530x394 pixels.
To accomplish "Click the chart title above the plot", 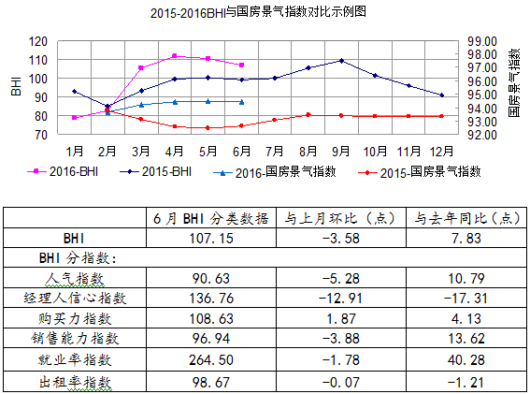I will coord(257,12).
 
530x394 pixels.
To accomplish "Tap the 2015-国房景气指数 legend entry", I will coord(429,171).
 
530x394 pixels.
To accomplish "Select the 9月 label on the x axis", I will coord(341,150).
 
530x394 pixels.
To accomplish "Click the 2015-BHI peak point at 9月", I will coord(342,61).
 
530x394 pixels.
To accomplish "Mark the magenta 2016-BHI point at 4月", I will coord(174,56).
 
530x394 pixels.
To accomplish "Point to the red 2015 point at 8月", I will coord(308,114).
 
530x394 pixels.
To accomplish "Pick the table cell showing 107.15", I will coord(208,238).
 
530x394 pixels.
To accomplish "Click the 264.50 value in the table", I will coord(208,358).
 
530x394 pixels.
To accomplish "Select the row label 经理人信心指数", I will coord(78,299).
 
